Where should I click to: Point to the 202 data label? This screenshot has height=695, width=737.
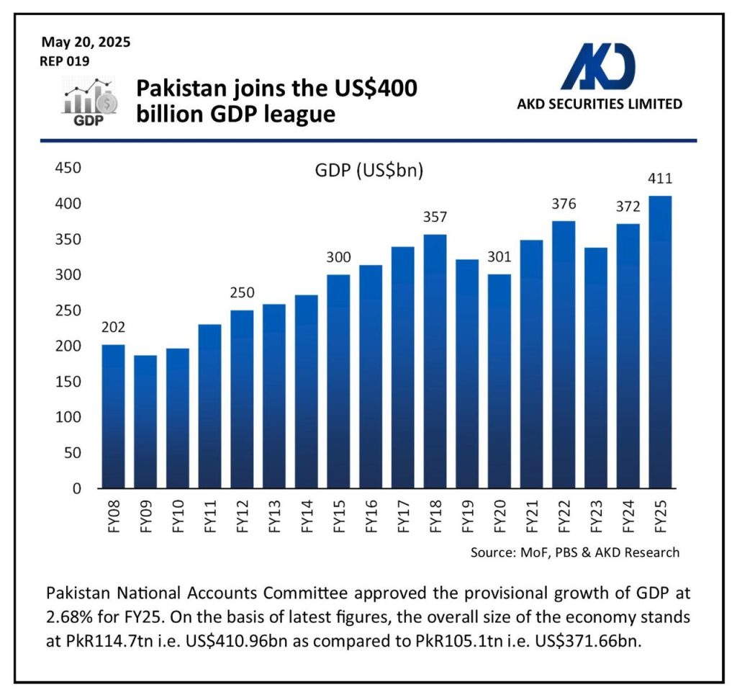pos(113,328)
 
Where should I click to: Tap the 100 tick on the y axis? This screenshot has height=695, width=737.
pos(67,418)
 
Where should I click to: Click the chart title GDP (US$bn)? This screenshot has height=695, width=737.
pos(368,171)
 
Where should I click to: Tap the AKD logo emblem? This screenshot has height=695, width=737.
pos(598,66)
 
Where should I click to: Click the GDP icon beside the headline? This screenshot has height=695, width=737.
pos(89,102)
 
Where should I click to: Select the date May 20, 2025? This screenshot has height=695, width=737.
pos(86,42)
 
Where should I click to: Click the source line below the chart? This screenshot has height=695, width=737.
pos(574,553)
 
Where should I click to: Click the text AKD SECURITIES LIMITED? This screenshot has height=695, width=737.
pos(600,104)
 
